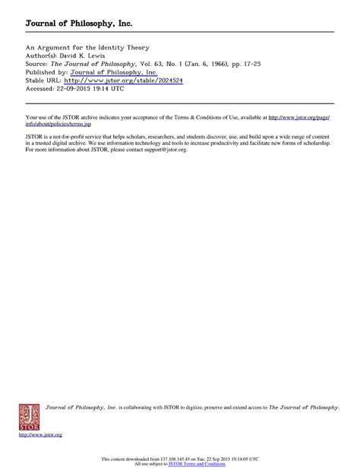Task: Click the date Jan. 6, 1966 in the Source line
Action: tap(188, 63)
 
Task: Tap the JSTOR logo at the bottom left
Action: tap(30, 417)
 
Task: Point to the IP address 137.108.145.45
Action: tap(172, 459)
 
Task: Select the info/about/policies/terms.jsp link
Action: tap(55, 121)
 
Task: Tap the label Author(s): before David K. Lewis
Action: tap(41, 55)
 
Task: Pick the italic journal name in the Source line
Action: tap(82, 63)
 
